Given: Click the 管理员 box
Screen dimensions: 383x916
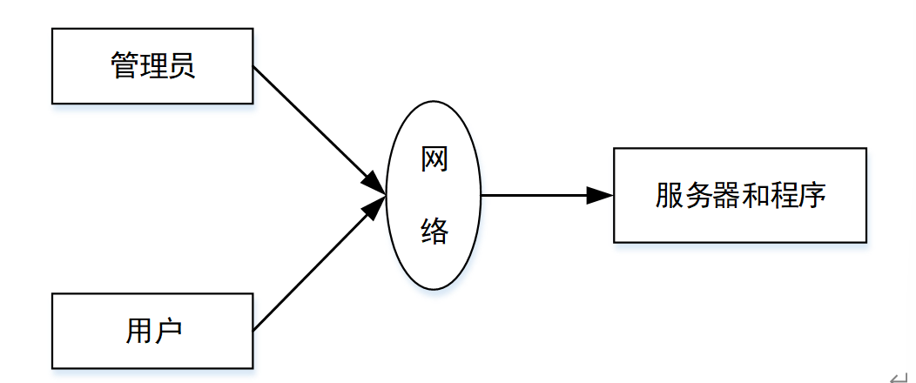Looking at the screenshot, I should pos(152,66).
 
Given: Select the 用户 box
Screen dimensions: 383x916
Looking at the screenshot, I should pos(152,331).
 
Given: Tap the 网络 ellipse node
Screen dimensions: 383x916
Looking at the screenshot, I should pos(434,195).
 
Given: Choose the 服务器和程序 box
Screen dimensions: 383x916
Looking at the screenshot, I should pos(740,195).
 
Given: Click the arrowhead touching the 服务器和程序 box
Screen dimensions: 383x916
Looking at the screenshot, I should pos(601,195).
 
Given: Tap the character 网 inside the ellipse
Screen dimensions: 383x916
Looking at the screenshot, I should pos(434,160).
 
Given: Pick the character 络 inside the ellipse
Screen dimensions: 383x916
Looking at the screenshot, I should pos(434,231).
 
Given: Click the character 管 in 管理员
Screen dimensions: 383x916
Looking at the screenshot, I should pos(125,66).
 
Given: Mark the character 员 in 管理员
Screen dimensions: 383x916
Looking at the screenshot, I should pos(181,66).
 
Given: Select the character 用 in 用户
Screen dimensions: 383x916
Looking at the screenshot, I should pos(139,331).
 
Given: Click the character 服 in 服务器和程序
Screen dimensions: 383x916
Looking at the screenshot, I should pos(670,195).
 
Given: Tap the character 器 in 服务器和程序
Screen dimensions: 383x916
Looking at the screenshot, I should pos(725,195).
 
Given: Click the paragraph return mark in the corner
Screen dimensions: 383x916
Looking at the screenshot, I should pos(898,374).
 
